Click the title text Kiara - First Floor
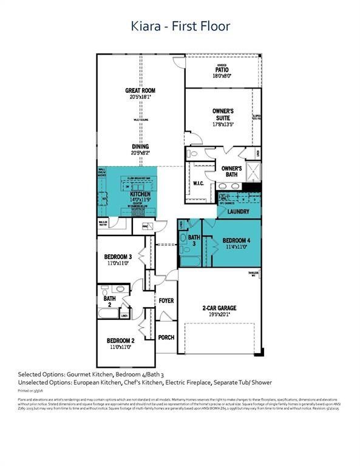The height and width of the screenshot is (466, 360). (180, 26)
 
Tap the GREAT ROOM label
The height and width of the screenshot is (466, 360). (141, 90)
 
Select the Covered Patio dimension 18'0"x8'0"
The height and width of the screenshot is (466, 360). (223, 76)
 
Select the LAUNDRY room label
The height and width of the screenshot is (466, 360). (239, 212)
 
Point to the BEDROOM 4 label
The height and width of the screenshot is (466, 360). (237, 240)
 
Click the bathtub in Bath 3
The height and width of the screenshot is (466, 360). (189, 261)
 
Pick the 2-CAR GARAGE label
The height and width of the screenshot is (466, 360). (220, 308)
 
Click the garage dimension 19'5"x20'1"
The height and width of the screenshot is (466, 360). (220, 315)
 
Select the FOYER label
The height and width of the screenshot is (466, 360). (166, 301)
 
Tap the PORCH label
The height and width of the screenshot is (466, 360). (166, 337)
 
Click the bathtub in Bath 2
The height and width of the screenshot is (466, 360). (109, 313)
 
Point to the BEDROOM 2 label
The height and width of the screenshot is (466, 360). (120, 340)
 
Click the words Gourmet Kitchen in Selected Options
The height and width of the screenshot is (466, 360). (89, 374)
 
